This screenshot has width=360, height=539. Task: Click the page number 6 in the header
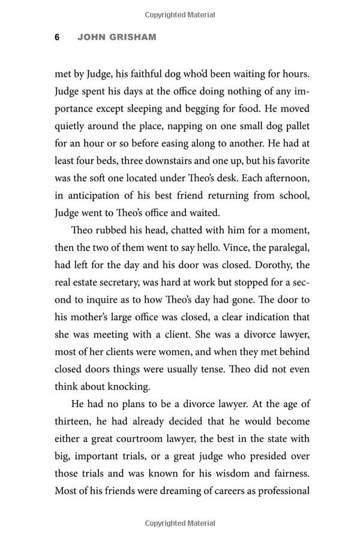click(x=57, y=37)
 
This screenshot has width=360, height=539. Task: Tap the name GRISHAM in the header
click(x=133, y=37)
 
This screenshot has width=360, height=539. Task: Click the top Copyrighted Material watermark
click(x=179, y=13)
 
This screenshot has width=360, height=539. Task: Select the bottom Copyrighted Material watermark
click(x=179, y=525)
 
